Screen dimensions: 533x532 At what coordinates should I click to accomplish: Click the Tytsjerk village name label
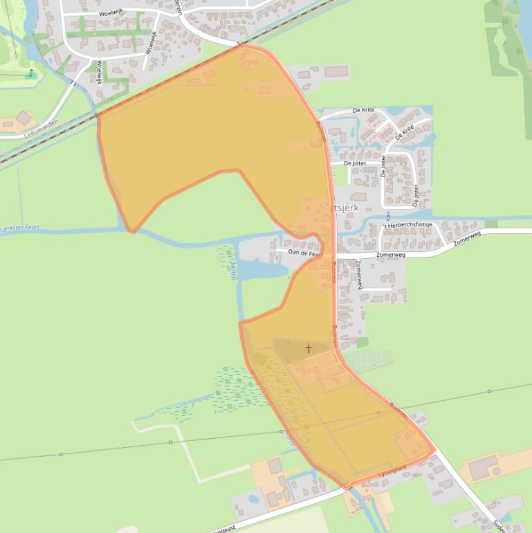click(x=345, y=208)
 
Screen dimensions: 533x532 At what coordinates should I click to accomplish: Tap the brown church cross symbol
click(x=308, y=348)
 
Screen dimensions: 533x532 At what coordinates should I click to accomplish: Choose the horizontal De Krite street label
click(x=363, y=110)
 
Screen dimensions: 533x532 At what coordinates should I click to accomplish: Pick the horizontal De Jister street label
click(x=355, y=163)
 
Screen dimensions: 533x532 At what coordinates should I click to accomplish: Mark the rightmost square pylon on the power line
click(x=489, y=391)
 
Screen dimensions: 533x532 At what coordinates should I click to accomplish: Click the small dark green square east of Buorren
click(x=363, y=342)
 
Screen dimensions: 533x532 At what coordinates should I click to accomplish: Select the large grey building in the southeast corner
click(x=483, y=468)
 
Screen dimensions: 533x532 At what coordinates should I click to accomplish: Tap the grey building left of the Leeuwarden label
click(x=24, y=118)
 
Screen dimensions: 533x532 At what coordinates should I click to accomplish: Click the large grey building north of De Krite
click(x=336, y=71)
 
